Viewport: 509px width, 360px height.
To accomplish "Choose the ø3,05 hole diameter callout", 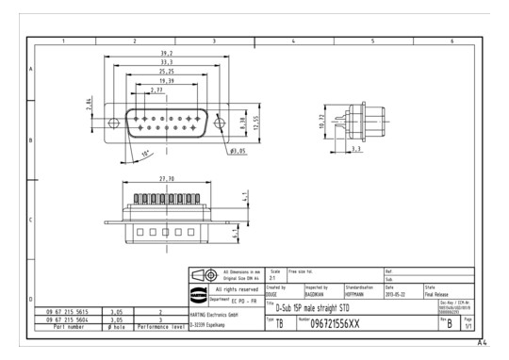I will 237,150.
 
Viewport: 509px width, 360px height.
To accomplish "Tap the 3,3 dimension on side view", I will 355,148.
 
